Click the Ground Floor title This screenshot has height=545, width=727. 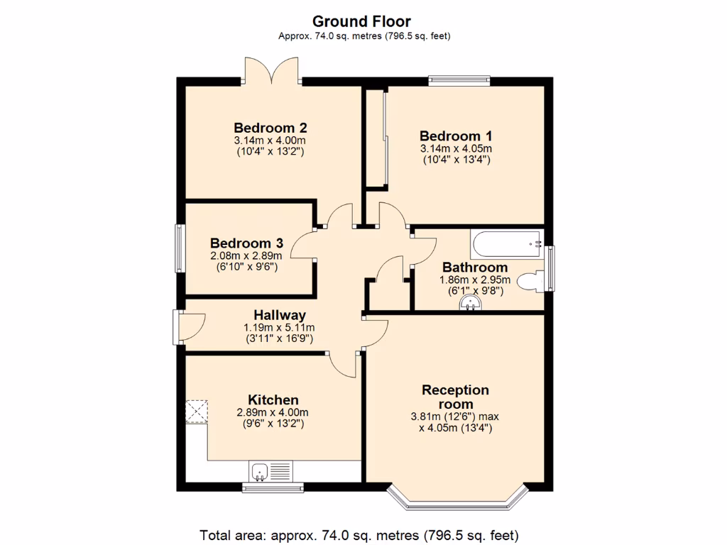(x=361, y=22)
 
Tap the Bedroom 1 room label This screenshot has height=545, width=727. (x=455, y=136)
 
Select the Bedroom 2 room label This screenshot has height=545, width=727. (x=270, y=128)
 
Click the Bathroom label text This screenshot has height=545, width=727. (x=474, y=268)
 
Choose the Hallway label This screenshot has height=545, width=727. (x=280, y=315)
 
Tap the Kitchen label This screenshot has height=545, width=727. (x=273, y=400)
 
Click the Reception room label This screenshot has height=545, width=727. (x=455, y=397)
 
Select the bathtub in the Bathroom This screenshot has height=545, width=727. (x=505, y=244)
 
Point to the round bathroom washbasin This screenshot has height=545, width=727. (x=469, y=304)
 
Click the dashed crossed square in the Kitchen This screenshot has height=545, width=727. (x=197, y=412)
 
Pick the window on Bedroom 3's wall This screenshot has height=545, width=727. (x=180, y=248)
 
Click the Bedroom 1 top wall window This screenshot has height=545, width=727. (x=459, y=81)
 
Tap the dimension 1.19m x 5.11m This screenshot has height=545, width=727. (x=279, y=328)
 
